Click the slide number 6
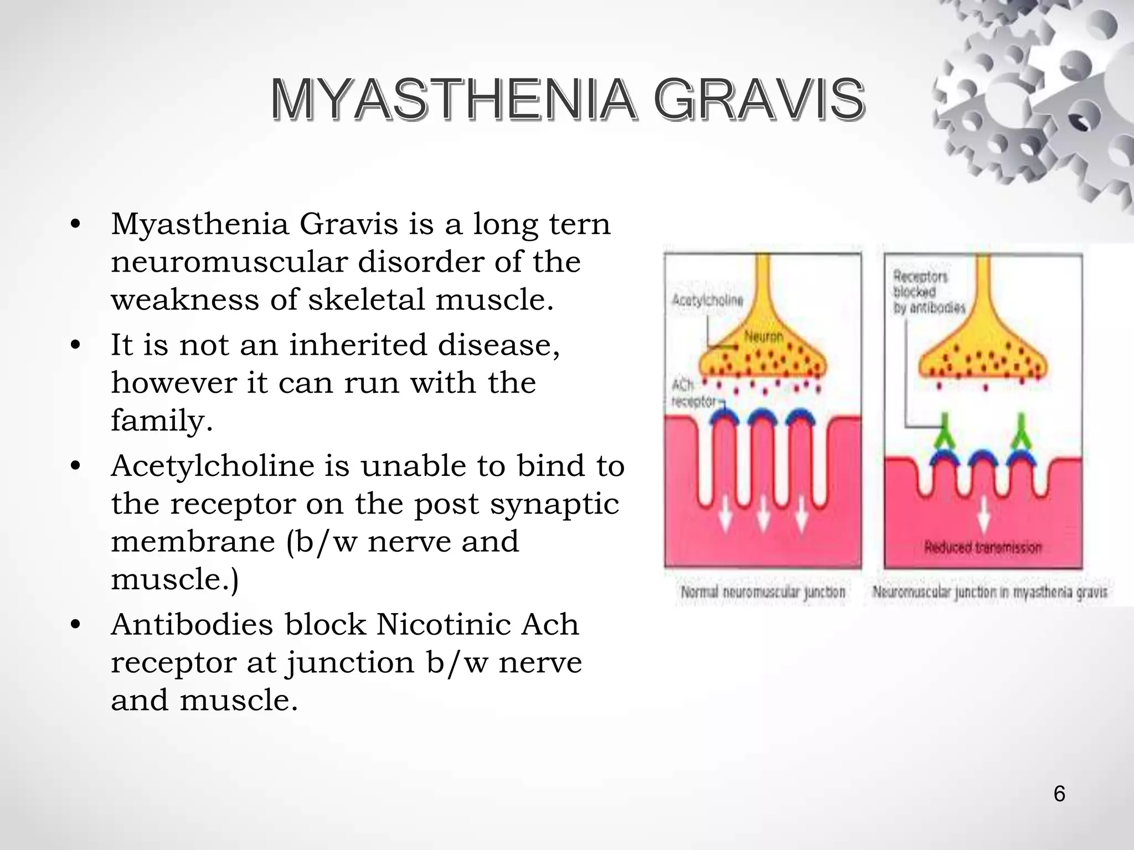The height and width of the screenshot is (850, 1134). coord(1059,794)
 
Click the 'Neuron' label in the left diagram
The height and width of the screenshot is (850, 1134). coord(764,336)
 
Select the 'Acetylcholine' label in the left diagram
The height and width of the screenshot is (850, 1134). coord(707,300)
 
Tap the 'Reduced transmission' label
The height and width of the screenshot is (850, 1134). coord(983,547)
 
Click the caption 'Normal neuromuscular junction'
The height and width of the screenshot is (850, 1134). coord(763,592)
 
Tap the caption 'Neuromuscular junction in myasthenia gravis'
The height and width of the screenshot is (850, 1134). coord(989,592)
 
